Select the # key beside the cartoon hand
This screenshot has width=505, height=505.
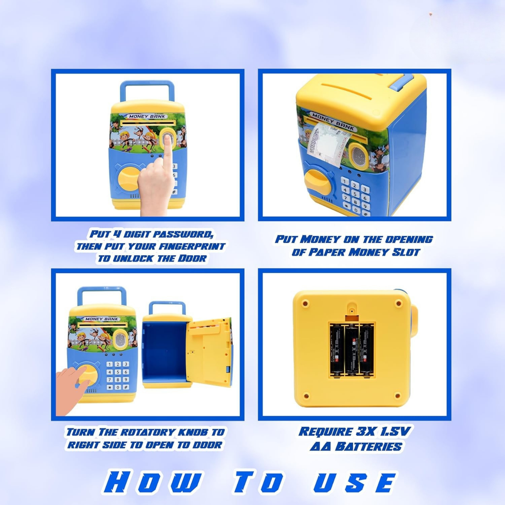pyautogui.click(x=126, y=387)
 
